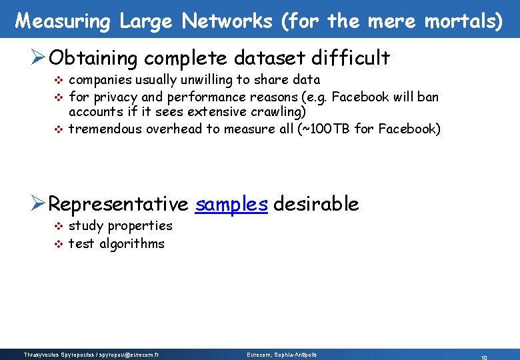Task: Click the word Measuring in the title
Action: click(x=63, y=21)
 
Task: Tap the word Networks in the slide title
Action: click(x=227, y=21)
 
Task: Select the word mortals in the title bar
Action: click(x=460, y=21)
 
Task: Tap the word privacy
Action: click(x=113, y=97)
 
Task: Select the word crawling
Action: click(x=277, y=112)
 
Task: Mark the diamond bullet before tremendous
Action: click(x=57, y=129)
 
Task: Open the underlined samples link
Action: click(x=231, y=204)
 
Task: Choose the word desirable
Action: click(x=316, y=203)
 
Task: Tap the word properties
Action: click(x=139, y=226)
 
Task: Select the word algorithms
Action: click(x=132, y=243)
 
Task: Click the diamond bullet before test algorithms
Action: click(x=57, y=244)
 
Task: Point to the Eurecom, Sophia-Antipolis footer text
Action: click(x=282, y=355)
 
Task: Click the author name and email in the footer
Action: click(x=91, y=355)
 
